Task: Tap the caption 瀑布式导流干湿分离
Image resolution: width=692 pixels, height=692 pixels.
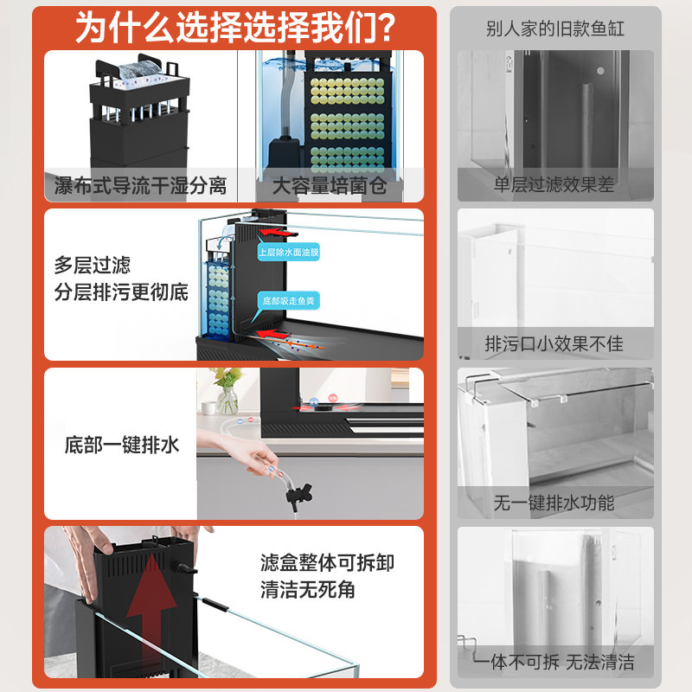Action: point(140,185)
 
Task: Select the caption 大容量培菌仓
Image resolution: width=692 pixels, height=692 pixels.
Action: point(330,185)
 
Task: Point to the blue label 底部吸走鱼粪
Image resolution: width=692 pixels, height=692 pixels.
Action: point(288,300)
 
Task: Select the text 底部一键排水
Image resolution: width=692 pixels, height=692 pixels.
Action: point(122,445)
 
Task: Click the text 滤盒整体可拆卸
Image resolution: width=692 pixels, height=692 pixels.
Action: point(327,563)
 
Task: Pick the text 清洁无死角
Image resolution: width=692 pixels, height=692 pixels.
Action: point(308,591)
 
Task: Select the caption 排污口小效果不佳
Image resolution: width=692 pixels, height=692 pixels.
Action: point(554,343)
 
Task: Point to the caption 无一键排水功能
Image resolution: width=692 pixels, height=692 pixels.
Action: point(554,503)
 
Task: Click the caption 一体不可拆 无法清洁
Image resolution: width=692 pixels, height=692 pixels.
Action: point(554,662)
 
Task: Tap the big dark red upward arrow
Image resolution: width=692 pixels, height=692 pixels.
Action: point(151,605)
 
